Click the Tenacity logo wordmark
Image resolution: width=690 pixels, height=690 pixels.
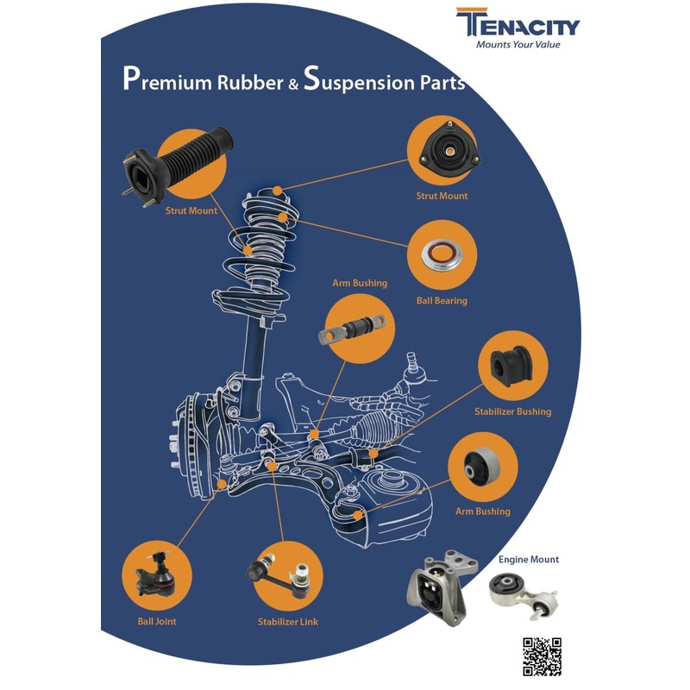(518, 23)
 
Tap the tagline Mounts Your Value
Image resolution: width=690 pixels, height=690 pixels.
(517, 45)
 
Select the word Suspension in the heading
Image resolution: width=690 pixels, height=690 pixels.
(359, 82)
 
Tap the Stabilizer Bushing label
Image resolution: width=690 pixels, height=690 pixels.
(512, 411)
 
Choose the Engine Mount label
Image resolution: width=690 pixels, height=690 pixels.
(528, 560)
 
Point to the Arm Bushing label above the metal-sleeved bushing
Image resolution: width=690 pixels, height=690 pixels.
(360, 283)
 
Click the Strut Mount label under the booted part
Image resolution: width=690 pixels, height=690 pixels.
(191, 210)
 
